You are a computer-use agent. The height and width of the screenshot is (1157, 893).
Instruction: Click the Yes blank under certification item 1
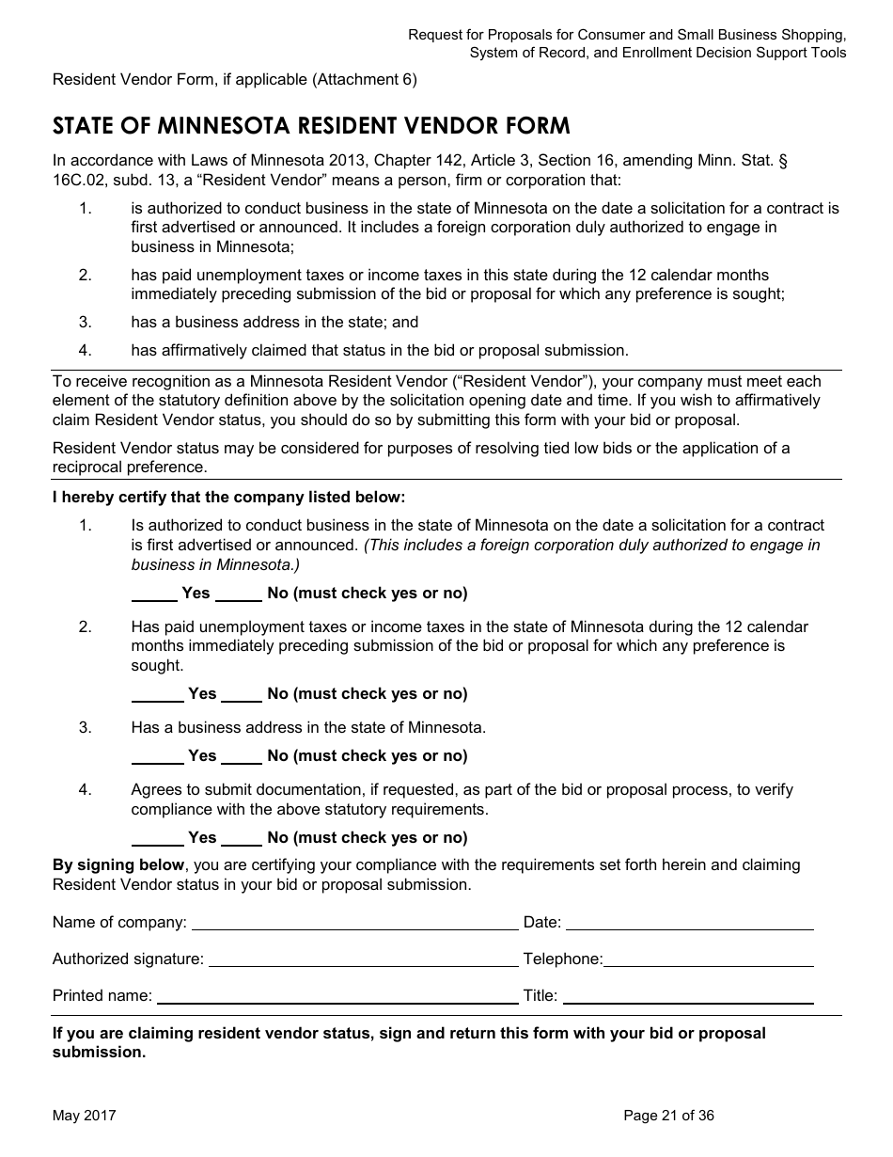pos(154,594)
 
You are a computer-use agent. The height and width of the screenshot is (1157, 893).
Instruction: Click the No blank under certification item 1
pos(240,594)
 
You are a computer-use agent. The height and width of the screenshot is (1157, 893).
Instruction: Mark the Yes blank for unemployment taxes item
pos(157,695)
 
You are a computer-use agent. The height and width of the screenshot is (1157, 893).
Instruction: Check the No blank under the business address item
pos(243,757)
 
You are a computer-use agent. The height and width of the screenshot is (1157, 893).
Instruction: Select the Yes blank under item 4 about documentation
pos(157,839)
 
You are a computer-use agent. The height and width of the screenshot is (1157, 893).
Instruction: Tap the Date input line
pos(689,924)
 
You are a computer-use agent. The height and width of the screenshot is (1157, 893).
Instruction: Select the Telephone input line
pos(709,960)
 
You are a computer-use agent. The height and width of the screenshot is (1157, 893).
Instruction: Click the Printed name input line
pos(337,997)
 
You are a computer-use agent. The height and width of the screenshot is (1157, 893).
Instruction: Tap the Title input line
pos(687,997)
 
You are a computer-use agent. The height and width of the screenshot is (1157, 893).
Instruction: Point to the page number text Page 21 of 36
pos(668,1116)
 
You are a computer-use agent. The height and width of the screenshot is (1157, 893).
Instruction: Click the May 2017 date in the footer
pos(85,1116)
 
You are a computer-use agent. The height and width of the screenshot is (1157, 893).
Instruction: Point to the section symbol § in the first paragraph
pos(783,161)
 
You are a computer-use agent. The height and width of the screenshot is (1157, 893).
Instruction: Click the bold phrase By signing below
pos(118,864)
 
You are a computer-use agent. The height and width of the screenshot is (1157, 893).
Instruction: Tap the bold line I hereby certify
pos(228,497)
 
